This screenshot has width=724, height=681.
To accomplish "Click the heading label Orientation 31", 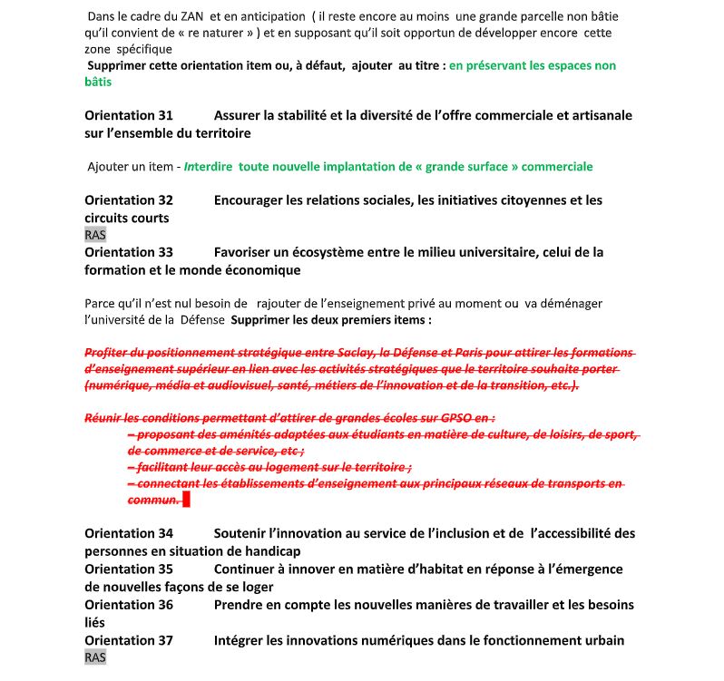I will click(x=128, y=115).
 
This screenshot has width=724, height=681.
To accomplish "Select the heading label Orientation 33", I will click(x=128, y=252).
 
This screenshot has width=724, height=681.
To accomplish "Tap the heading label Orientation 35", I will click(x=128, y=569).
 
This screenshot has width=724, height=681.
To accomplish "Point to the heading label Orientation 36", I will click(x=128, y=604).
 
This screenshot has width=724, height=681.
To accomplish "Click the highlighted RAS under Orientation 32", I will click(x=95, y=235).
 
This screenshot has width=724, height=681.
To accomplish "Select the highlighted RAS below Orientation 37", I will click(x=95, y=657).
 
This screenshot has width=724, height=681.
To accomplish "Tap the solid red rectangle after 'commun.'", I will click(x=186, y=499).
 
